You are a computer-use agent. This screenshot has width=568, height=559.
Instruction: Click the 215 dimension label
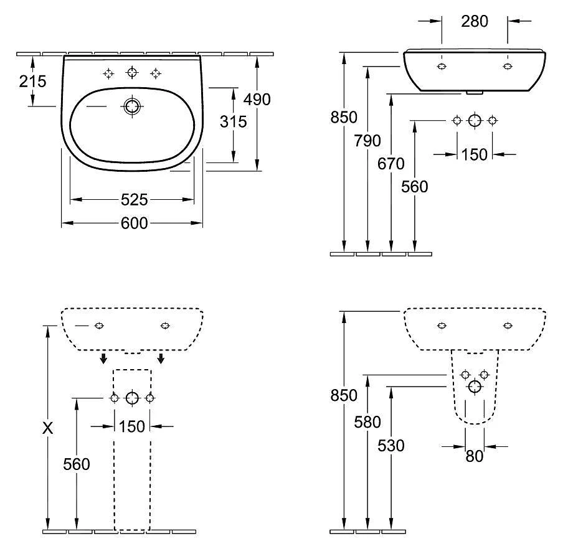32,81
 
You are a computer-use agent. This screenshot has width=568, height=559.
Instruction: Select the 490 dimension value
257,99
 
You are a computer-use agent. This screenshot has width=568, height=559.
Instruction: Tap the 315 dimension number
233,121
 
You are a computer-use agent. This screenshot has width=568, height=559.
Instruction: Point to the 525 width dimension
134,200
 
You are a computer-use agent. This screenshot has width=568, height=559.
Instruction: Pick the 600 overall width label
134,223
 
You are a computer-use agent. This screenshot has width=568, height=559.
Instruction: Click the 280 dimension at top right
475,21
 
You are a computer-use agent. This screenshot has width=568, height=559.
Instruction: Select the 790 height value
367,141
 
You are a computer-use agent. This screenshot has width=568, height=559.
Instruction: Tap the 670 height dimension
391,164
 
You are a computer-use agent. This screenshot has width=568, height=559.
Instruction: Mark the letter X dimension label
47,428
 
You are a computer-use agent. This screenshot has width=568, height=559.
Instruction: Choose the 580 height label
367,422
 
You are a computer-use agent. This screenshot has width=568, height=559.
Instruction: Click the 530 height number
391,445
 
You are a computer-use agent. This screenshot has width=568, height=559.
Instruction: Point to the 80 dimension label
475,456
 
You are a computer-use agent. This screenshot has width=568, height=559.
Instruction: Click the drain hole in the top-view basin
131,106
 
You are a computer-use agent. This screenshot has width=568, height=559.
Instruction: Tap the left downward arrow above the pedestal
103,358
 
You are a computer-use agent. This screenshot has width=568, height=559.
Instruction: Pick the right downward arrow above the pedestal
161,358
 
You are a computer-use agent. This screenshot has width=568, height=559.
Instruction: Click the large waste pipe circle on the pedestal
132,398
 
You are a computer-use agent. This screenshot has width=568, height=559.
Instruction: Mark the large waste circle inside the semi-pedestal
475,387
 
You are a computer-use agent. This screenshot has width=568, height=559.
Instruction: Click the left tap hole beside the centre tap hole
108,73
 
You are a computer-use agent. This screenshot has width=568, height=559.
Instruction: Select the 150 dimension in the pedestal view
132,426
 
